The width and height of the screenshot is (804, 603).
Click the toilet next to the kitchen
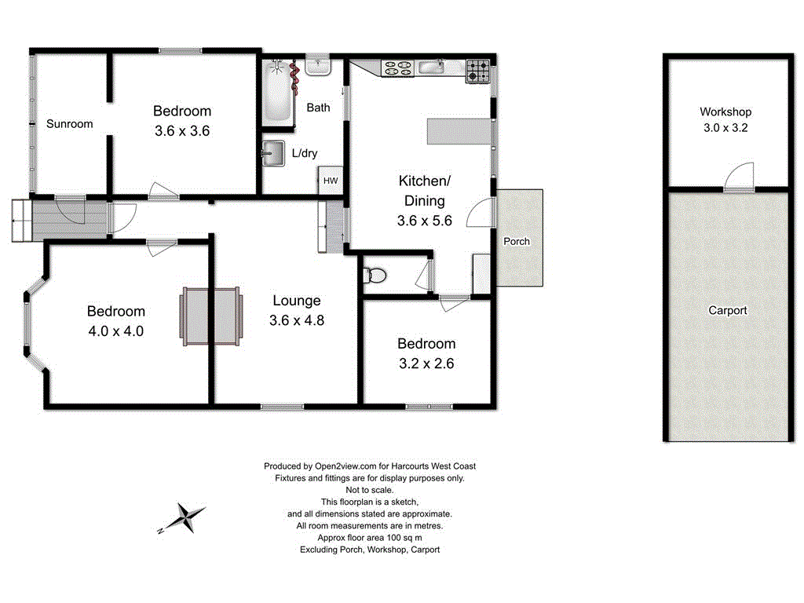(375, 276)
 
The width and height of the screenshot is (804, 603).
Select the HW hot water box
(330, 181)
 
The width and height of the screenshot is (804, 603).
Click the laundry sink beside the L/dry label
(273, 153)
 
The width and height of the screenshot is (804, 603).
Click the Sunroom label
(69, 124)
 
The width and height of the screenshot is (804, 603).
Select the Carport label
(727, 311)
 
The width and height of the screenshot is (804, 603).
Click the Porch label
(516, 241)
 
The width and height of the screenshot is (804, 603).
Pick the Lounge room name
(297, 301)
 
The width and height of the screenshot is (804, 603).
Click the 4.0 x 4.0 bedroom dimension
(115, 331)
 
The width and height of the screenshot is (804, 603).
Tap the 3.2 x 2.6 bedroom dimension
(426, 364)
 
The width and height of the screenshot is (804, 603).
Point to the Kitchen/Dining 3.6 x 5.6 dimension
(424, 221)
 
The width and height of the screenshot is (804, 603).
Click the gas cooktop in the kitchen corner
(478, 71)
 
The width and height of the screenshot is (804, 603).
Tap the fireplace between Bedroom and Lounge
(210, 317)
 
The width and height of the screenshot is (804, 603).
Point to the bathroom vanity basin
(318, 66)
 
